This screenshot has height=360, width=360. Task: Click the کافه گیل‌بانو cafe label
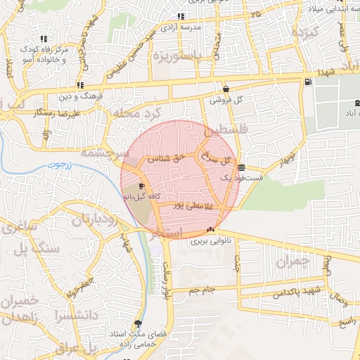(x=146, y=198)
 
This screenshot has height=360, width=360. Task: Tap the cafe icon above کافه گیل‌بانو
(x=143, y=186)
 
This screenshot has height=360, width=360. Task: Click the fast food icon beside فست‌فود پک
(x=242, y=167)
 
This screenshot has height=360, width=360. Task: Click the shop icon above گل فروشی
(x=226, y=89)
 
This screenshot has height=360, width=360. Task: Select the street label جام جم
(x=202, y=289)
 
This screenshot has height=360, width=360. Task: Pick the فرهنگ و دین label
(x=82, y=95)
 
